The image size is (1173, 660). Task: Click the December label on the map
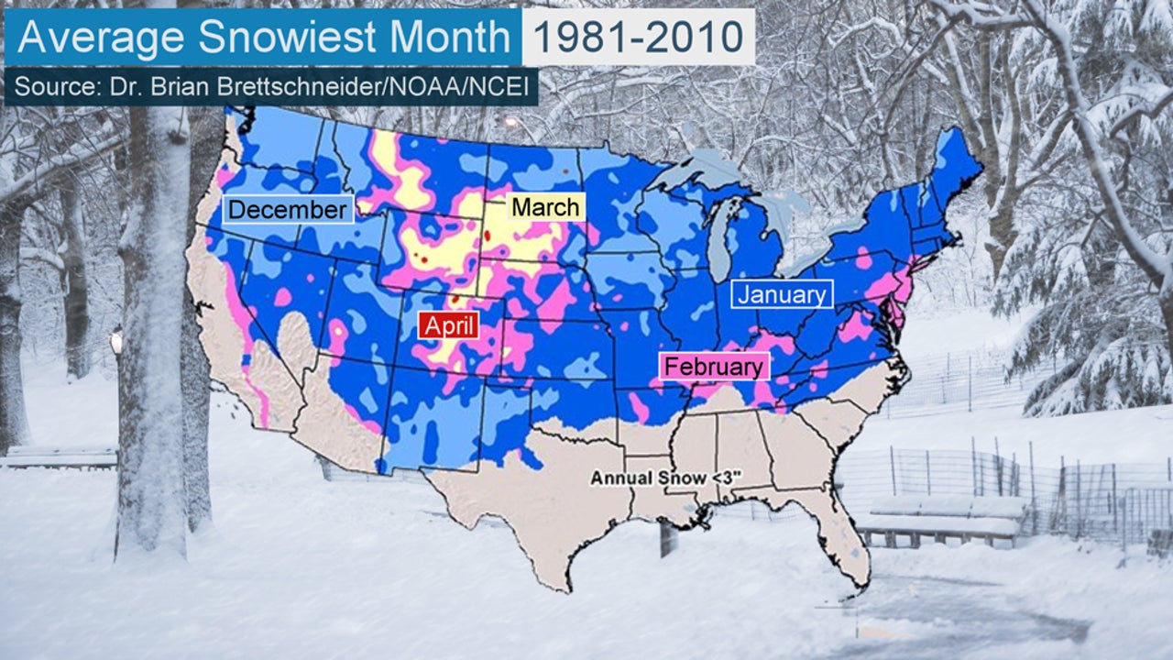(x=288, y=210)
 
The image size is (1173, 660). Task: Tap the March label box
(x=545, y=207)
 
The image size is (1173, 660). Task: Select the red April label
(x=449, y=325)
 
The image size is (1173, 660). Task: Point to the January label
(x=782, y=294)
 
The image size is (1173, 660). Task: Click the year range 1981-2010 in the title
(x=638, y=37)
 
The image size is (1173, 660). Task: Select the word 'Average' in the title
(x=103, y=37)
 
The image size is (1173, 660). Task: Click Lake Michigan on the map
(x=720, y=238)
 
